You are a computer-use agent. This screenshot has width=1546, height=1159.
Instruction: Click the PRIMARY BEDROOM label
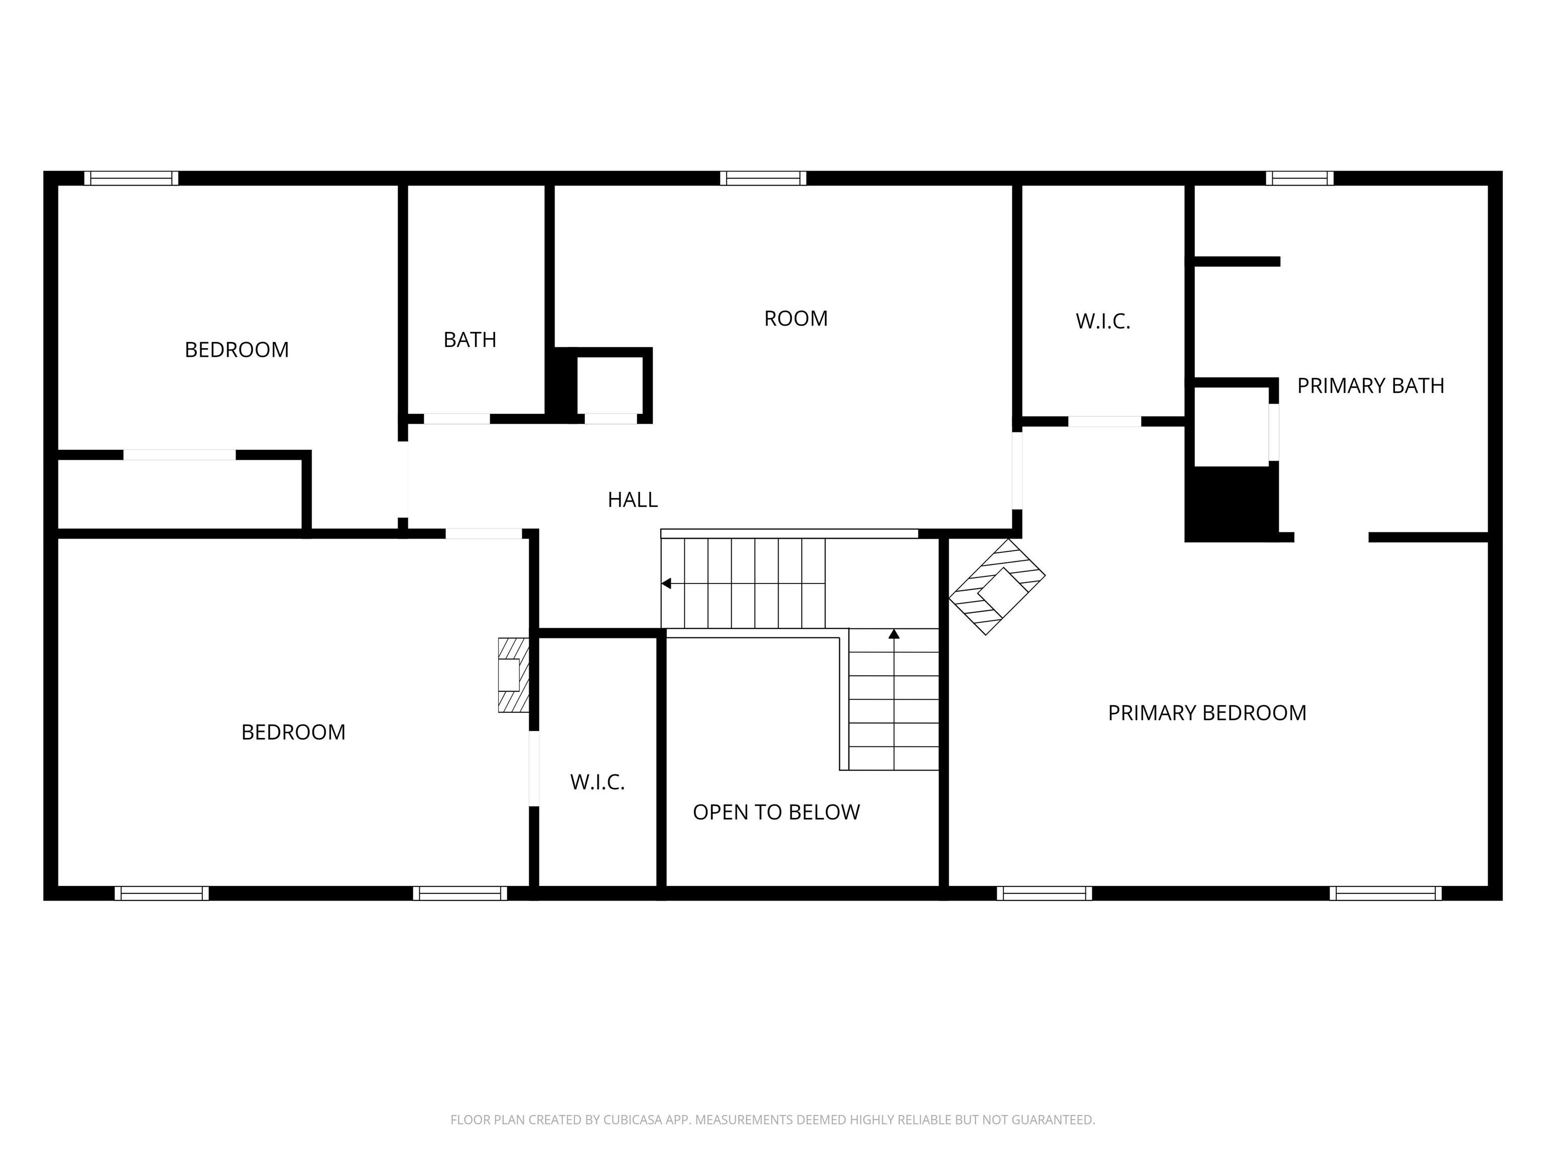tap(1207, 713)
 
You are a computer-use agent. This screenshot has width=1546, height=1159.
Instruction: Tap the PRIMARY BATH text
tap(1370, 386)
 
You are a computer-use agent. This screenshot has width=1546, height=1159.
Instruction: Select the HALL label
tap(633, 500)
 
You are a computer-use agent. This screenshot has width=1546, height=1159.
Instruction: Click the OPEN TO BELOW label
tap(776, 812)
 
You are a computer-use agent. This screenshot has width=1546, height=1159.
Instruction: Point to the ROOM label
tap(795, 318)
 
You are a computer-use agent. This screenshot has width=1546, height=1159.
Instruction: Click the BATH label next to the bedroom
tap(470, 340)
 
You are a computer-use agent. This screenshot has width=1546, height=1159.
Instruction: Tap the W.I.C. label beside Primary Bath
tap(1103, 321)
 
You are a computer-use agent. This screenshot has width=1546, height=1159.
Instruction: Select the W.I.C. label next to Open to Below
tap(597, 782)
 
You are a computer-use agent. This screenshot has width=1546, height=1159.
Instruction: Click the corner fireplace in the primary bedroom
tap(996, 587)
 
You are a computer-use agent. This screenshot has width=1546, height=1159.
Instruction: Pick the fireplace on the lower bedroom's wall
tap(513, 675)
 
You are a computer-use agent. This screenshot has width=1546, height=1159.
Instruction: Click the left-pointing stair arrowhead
tap(666, 584)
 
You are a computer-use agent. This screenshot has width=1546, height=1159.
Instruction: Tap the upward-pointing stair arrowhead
tap(894, 634)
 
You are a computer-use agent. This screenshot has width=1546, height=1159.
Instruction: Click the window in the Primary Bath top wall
tap(1299, 178)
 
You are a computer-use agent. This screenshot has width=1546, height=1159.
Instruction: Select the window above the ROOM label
tap(763, 178)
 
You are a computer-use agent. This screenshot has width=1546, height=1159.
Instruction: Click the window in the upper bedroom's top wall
tap(131, 178)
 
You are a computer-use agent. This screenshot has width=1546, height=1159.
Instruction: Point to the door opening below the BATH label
tap(457, 419)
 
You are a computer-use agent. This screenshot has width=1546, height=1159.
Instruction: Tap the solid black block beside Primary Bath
tap(1231, 504)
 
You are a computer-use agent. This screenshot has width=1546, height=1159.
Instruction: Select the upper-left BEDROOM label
tap(236, 349)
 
